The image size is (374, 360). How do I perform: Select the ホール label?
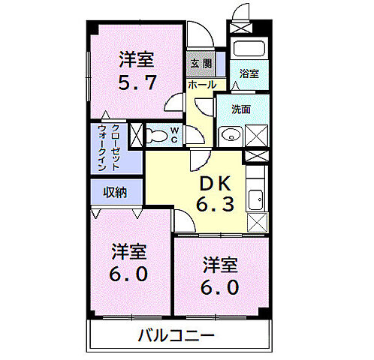click(201, 85)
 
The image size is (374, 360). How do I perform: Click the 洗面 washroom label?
click(240, 109)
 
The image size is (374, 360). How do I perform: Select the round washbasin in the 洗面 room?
click(228, 136)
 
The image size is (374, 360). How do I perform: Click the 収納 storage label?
click(115, 192)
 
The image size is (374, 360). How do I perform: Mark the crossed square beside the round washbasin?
click(255, 135)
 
